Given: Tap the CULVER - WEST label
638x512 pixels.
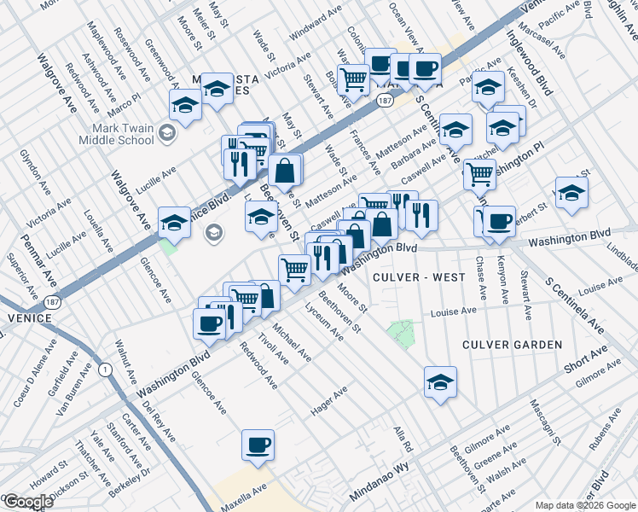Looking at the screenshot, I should [x=419, y=277].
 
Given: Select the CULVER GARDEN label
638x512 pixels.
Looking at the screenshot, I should [x=512, y=345].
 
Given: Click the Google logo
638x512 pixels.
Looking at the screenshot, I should [x=28, y=502].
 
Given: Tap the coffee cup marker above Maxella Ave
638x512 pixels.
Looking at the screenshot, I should [x=258, y=445].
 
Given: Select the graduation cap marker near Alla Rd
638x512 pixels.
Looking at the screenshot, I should [x=440, y=381].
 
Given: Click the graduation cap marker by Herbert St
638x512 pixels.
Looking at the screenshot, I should [x=571, y=192].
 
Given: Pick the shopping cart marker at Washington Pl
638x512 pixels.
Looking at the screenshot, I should [x=479, y=173].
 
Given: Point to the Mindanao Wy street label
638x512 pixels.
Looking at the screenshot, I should [x=380, y=493].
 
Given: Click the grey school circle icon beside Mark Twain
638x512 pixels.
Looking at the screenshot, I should [x=168, y=131].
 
